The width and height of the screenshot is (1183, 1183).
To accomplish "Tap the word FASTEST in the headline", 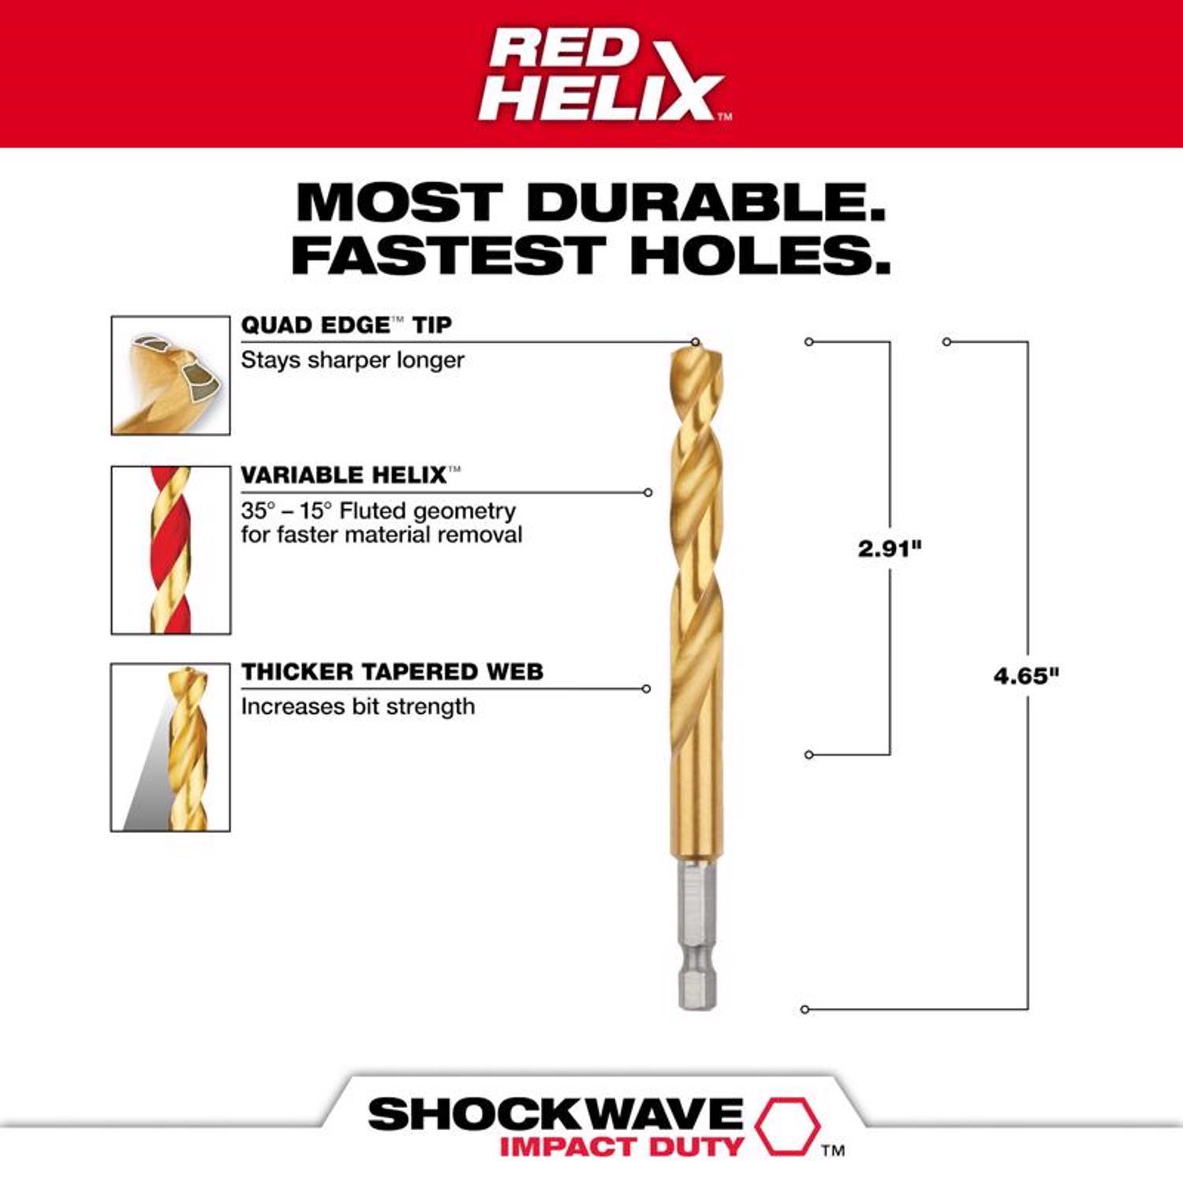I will click(x=447, y=256).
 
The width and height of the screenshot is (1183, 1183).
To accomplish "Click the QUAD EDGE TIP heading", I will click(x=346, y=325).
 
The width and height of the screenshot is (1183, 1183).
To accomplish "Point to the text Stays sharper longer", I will click(x=352, y=360).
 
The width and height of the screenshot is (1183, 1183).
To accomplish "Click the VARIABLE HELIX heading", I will click(x=344, y=475).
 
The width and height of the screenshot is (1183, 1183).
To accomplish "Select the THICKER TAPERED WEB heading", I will click(x=392, y=672).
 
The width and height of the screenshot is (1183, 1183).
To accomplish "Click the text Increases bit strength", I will click(x=357, y=707).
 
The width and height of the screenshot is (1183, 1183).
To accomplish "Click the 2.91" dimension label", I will click(x=890, y=548).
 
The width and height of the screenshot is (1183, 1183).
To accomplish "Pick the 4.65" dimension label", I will click(x=1026, y=676).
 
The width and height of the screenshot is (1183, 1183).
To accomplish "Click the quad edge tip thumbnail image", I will click(x=170, y=375).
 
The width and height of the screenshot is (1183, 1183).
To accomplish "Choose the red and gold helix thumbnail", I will click(x=170, y=550).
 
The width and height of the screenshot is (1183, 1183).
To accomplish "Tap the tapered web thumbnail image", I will click(x=170, y=747).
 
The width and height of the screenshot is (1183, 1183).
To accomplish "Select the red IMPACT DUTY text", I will click(x=621, y=1146).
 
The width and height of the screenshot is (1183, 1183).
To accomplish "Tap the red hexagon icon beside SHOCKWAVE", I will click(x=786, y=1125).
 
